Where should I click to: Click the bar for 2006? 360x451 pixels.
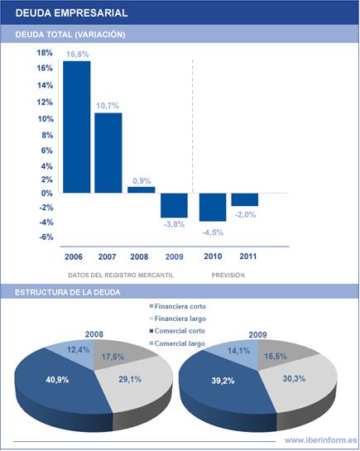pos(77,127)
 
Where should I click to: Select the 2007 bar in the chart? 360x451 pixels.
pos(108,153)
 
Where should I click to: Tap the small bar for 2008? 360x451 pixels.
pos(142,190)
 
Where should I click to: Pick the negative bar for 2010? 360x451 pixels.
pos(213,207)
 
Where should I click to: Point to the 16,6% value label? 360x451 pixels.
pos(78,55)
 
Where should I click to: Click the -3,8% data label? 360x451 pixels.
pos(174,224)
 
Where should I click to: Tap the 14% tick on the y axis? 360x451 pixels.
pos(46,85)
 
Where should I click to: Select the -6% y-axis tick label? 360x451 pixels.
pos(46,237)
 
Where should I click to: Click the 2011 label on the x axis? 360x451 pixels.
pos(248,257)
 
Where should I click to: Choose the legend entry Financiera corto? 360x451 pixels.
pos(178,306)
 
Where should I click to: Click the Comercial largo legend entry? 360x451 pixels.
pos(177,343)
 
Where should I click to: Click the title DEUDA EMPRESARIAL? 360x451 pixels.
pos(72,13)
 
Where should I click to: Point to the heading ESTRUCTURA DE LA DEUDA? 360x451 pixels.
pos(68,292)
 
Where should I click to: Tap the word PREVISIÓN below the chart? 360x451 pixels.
pos(228,276)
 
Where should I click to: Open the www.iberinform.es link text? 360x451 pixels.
pos(321,440)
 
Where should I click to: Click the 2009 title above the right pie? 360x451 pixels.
pos(257,335)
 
